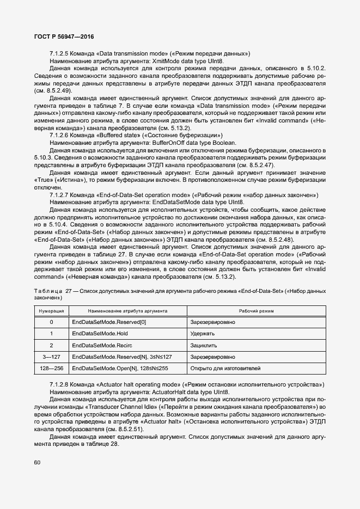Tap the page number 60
[x=37, y=463]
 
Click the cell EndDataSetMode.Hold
[x=100, y=333]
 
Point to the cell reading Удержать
[x=203, y=333]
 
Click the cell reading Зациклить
[x=204, y=345]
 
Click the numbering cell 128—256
[x=51, y=369]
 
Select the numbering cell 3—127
[x=51, y=357]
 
